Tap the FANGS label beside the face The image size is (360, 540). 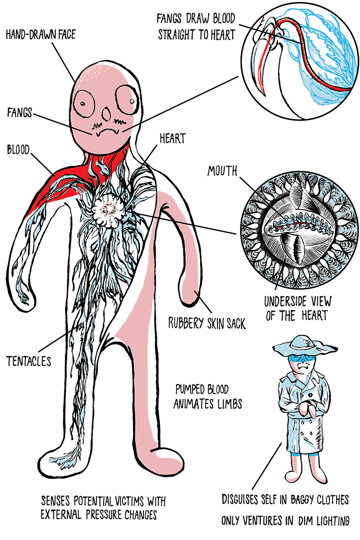point(20,114)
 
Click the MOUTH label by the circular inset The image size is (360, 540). point(222,171)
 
